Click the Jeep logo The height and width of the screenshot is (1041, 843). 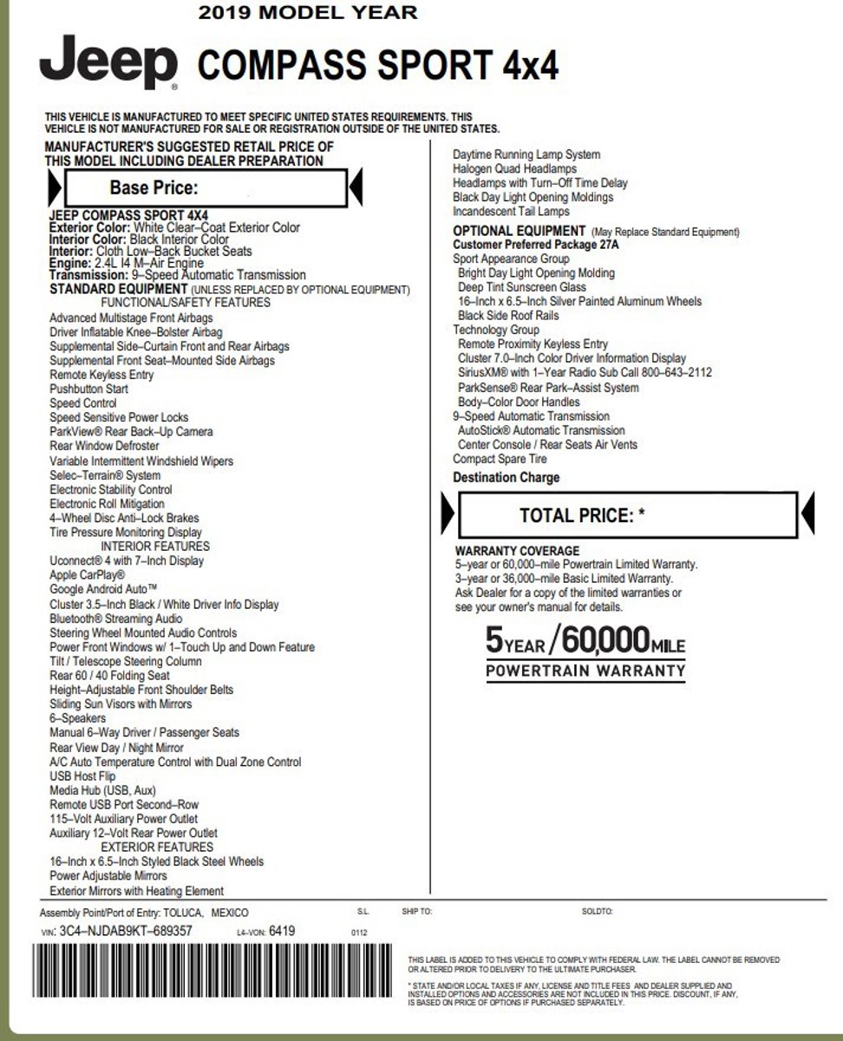(x=108, y=62)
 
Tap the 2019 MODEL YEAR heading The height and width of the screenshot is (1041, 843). (x=307, y=12)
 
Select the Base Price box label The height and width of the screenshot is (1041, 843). (x=154, y=187)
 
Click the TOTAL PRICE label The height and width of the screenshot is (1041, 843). (x=582, y=515)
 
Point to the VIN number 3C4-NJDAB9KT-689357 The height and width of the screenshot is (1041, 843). (x=125, y=931)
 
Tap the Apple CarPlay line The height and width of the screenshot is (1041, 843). (x=88, y=575)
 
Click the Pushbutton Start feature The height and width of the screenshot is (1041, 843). (x=88, y=389)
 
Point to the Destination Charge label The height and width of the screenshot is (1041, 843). (x=506, y=478)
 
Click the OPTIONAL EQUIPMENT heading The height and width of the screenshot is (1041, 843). (x=519, y=231)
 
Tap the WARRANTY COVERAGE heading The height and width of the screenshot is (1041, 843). (x=517, y=551)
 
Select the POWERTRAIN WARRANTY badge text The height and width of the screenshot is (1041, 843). (x=585, y=671)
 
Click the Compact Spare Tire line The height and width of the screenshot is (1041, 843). (x=500, y=459)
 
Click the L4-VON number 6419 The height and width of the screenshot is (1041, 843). (x=282, y=931)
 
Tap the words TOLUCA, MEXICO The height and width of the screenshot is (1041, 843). (x=206, y=913)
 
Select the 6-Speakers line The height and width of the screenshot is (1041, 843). (x=78, y=718)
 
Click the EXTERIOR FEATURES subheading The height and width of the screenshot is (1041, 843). (x=157, y=847)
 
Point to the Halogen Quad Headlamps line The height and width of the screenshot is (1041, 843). (x=514, y=169)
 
